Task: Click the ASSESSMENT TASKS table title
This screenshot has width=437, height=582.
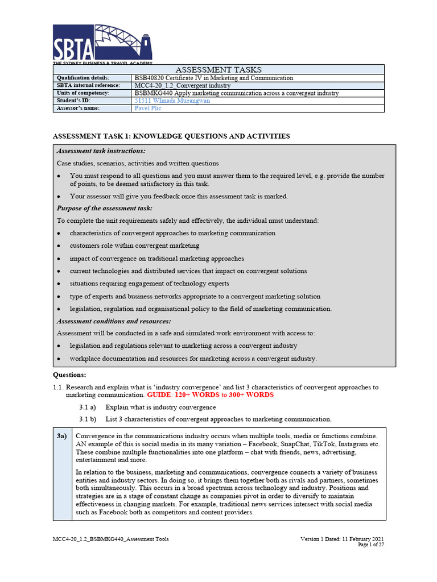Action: coord(218,69)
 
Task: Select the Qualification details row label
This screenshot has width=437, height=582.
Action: coord(83,78)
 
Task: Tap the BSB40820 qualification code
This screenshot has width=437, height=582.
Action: coord(150,78)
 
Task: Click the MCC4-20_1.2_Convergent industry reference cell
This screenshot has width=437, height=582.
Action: coord(182,85)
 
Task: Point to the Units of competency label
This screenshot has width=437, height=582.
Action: coord(83,93)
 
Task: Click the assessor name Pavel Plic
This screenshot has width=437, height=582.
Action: coord(148,108)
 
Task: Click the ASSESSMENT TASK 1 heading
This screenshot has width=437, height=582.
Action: coord(171,136)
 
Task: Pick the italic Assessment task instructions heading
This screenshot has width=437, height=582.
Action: coord(101,151)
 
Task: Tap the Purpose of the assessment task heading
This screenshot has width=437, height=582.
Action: coord(105,208)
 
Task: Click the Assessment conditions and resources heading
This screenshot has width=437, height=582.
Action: coord(113,321)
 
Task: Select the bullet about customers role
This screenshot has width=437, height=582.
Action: coord(134,246)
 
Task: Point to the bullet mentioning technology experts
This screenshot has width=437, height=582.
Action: coord(150,283)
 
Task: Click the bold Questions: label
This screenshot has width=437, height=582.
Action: coord(69,375)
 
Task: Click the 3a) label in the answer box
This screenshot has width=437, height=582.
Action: coord(61,435)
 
